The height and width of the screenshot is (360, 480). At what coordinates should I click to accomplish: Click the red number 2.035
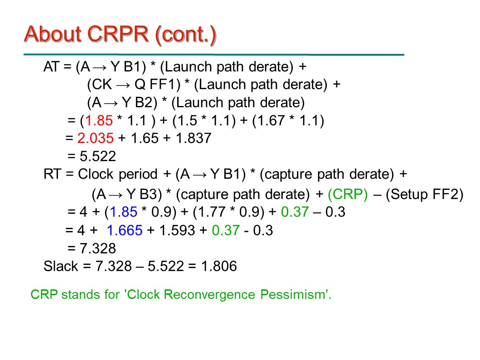pos(96,138)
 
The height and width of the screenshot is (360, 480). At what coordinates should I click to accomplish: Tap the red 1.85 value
pos(99,120)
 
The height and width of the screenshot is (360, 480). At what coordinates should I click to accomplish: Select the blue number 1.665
pos(125,230)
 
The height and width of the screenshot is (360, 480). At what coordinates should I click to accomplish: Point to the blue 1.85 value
pos(123,212)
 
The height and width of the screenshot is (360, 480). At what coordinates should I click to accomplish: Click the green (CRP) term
pos(348,194)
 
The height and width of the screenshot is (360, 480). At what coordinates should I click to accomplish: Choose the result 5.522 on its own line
pos(98,156)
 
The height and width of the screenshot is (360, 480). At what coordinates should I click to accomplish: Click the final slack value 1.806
pos(219,266)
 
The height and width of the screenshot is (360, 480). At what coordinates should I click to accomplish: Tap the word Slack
pos(61,266)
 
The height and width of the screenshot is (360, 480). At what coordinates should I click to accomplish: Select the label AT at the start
pos(51,67)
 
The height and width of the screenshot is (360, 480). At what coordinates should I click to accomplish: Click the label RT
pos(52,174)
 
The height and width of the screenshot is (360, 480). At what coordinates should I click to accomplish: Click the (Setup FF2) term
pos(425,194)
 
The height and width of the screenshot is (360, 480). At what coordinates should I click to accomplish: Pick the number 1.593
pos(177,230)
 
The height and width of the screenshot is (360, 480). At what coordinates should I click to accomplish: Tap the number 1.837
pos(194,138)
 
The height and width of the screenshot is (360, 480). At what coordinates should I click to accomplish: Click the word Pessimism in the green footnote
pos(296,294)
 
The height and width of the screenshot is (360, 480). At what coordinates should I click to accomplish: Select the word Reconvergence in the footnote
pos(209,294)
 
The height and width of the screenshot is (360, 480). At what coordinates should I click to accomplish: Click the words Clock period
pos(118,174)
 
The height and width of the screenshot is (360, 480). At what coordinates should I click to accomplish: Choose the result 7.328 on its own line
pos(98,248)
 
